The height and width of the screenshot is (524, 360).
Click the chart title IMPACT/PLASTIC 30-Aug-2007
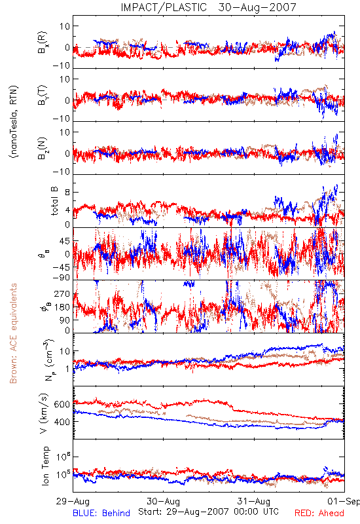208,7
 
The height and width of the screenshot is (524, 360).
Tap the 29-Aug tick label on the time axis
73,501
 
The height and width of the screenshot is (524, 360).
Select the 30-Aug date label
164,501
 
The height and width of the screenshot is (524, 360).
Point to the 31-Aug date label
254,501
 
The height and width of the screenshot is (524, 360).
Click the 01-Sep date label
344,501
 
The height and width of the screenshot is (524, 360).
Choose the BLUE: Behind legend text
101,513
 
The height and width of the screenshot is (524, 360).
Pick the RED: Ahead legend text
319,513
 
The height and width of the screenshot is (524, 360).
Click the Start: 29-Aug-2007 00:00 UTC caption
208,512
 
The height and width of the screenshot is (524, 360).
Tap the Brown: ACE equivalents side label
13,333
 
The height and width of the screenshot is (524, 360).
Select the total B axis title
54,200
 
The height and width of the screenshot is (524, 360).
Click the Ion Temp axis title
45,466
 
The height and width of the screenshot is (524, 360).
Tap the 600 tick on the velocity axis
62,404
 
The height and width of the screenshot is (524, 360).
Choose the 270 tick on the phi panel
62,294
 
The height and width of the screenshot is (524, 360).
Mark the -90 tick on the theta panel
62,278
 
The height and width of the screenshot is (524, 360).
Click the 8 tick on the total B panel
68,193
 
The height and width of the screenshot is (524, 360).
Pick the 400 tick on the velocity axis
62,422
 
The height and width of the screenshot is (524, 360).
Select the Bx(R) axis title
43,43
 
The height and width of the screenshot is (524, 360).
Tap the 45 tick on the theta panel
65,241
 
